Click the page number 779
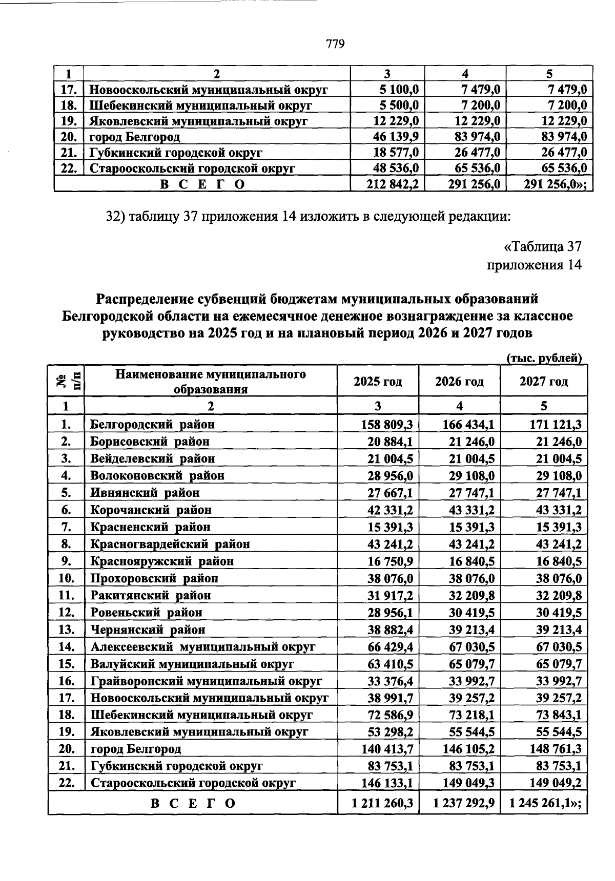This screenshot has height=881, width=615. [x=335, y=44]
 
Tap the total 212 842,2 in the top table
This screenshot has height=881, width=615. [x=393, y=184]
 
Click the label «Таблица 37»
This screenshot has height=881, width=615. [x=543, y=247]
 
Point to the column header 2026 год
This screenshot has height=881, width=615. [x=459, y=382]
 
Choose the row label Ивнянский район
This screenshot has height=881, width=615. [x=145, y=493]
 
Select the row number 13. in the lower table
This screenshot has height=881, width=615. [x=66, y=630]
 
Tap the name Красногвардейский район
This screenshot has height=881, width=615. [x=170, y=544]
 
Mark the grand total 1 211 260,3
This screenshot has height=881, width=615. [x=383, y=803]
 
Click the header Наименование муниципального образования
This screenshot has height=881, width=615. [x=210, y=382]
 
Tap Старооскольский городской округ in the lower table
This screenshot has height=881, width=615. [x=193, y=783]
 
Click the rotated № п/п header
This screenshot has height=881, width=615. [x=66, y=382]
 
